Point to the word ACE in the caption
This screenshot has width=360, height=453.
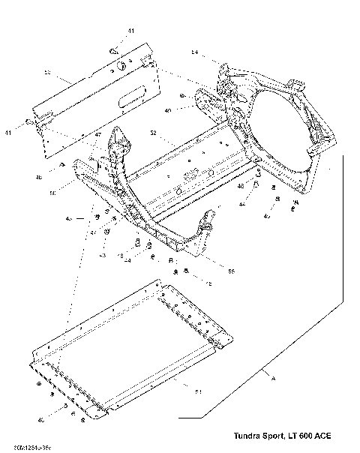(321, 436)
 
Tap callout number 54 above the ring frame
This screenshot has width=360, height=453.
(194, 53)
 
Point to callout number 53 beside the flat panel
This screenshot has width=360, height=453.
(46, 73)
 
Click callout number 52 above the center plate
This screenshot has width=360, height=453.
(153, 133)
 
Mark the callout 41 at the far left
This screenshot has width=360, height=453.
(9, 132)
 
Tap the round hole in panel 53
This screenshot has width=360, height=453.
(118, 66)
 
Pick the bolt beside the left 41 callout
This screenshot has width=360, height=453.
(28, 121)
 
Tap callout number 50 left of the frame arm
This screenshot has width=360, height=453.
(52, 193)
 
